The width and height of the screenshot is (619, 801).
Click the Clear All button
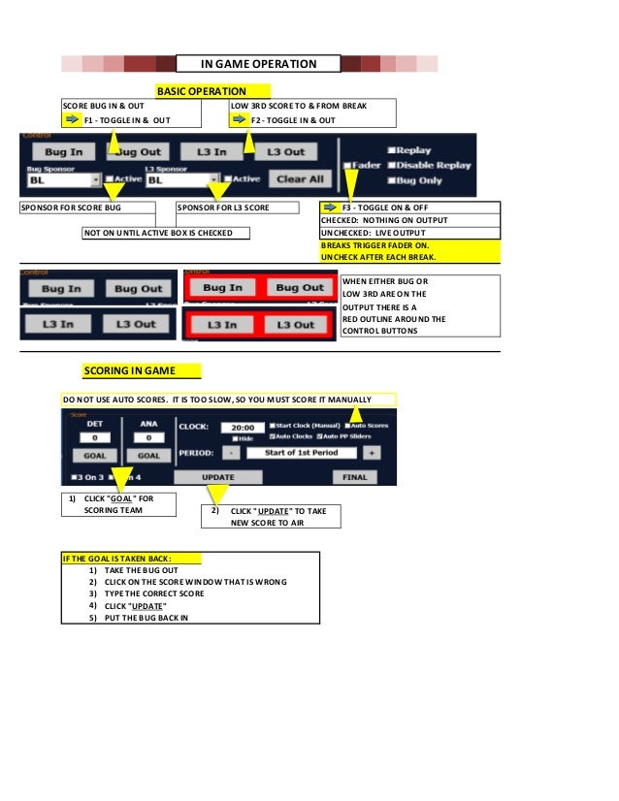coord(301,178)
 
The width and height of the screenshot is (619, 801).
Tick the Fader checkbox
coord(347,166)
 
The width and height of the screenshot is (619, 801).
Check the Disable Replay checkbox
coord(392,165)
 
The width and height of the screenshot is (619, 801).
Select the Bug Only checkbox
coord(392,179)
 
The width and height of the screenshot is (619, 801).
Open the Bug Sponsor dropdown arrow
coord(95,179)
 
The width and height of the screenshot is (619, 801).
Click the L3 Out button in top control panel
coord(285,151)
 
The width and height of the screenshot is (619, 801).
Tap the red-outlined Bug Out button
coord(300,288)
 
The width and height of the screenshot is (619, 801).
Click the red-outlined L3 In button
coord(222,324)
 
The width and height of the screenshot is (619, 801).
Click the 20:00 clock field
coord(243,427)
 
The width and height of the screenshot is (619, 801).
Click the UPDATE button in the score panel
coord(217,477)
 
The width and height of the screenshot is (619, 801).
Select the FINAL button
coord(354,477)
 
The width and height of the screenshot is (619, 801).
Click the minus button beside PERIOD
coord(232,453)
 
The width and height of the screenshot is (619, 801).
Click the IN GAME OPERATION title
coord(258,64)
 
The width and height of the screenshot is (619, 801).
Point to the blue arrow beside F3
coord(329,207)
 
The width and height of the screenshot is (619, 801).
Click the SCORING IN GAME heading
coord(142,370)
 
